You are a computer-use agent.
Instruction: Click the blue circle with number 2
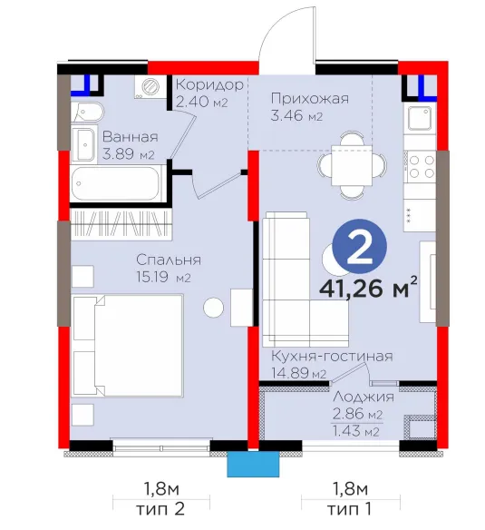pos(359,247)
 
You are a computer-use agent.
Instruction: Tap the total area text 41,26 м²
pos(368,289)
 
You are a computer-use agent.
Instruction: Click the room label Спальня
pos(169,260)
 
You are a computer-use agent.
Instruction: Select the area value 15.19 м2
pos(163,278)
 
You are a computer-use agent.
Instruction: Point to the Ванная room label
pos(130,137)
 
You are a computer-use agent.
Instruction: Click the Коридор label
pos(209,84)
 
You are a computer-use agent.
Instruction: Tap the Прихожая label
pos(310,98)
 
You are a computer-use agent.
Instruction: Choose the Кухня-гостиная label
pos(332,357)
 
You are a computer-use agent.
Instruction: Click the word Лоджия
pos(364,397)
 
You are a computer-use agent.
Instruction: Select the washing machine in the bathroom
pos(150,87)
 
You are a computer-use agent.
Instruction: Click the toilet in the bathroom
pos(87,112)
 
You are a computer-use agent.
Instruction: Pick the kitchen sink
pos(420,118)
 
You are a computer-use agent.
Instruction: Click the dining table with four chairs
pos(352,165)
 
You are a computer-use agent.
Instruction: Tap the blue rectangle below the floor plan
pos(253,464)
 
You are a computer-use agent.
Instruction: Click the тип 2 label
pos(160,509)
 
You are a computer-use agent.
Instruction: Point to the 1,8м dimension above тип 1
pos(350,489)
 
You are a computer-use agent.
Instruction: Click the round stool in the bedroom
pos(213,308)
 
